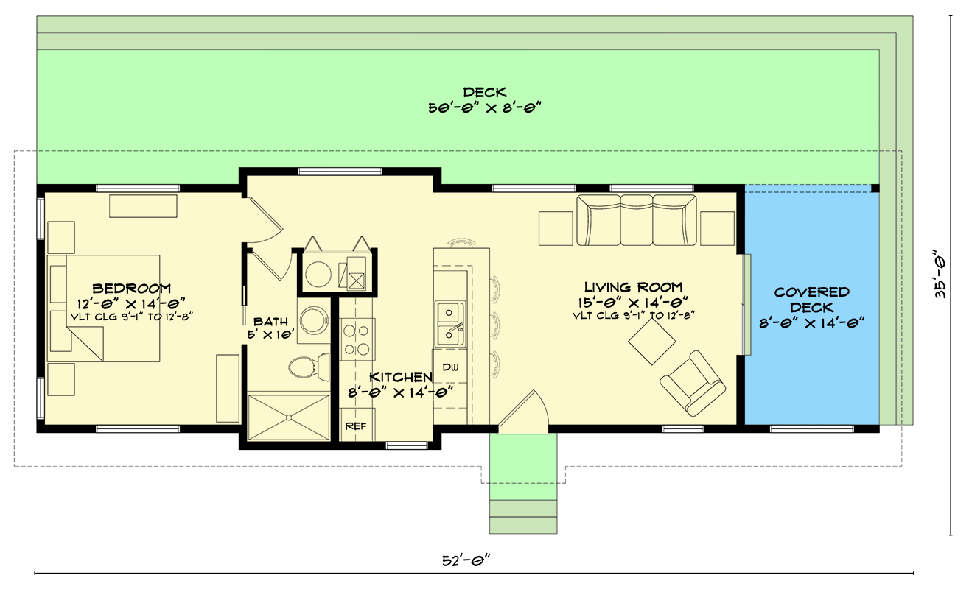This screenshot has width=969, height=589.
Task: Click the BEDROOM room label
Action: coord(133,289)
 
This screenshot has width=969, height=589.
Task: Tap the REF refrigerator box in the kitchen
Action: coord(355,426)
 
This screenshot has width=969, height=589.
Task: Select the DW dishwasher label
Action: coord(449,366)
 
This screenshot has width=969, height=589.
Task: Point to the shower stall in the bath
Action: coord(288,417)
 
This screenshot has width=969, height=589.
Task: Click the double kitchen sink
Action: coord(449,324)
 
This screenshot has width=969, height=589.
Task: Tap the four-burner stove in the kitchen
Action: coord(358,339)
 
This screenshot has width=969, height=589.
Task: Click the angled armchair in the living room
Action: coord(692,382)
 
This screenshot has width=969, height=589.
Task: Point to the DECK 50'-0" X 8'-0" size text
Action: coord(485,107)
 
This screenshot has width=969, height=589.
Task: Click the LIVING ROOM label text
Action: coord(633,287)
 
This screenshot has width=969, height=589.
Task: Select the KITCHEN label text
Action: coord(400,377)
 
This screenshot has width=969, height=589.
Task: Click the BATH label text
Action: coord(270,322)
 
